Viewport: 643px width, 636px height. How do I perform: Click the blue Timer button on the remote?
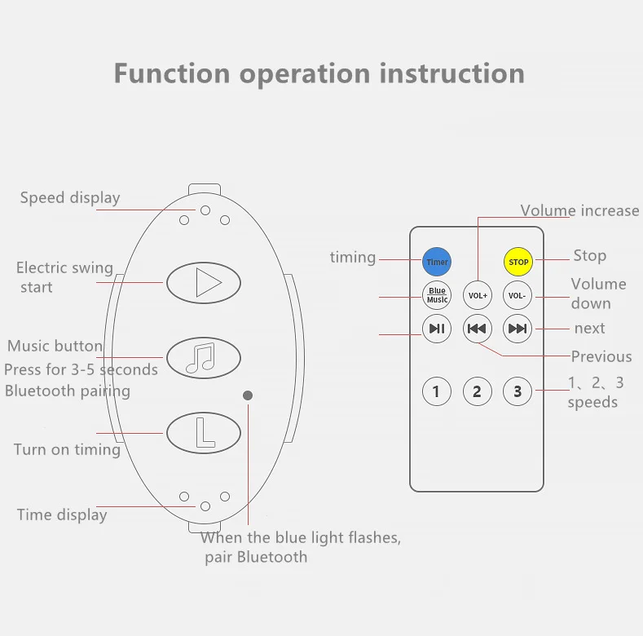[437, 262]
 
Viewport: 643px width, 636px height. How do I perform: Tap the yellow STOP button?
[518, 262]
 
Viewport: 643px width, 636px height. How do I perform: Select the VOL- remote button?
[517, 295]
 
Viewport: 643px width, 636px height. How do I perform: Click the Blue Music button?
[437, 295]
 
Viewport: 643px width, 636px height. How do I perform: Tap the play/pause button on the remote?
[437, 329]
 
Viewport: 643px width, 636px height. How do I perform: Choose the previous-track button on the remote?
[477, 329]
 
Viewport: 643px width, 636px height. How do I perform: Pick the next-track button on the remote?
[517, 329]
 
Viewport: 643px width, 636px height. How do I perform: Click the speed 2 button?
[477, 392]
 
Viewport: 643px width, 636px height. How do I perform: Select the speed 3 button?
[517, 392]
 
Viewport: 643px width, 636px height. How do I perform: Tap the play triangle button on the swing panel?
[204, 283]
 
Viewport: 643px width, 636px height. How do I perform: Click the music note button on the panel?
[204, 357]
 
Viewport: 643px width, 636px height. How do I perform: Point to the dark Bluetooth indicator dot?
[248, 395]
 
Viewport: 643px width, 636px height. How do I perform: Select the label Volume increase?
[579, 210]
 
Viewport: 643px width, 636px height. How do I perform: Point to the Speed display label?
[70, 197]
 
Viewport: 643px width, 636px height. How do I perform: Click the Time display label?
[62, 515]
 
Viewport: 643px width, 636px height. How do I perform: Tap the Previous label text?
[601, 356]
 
